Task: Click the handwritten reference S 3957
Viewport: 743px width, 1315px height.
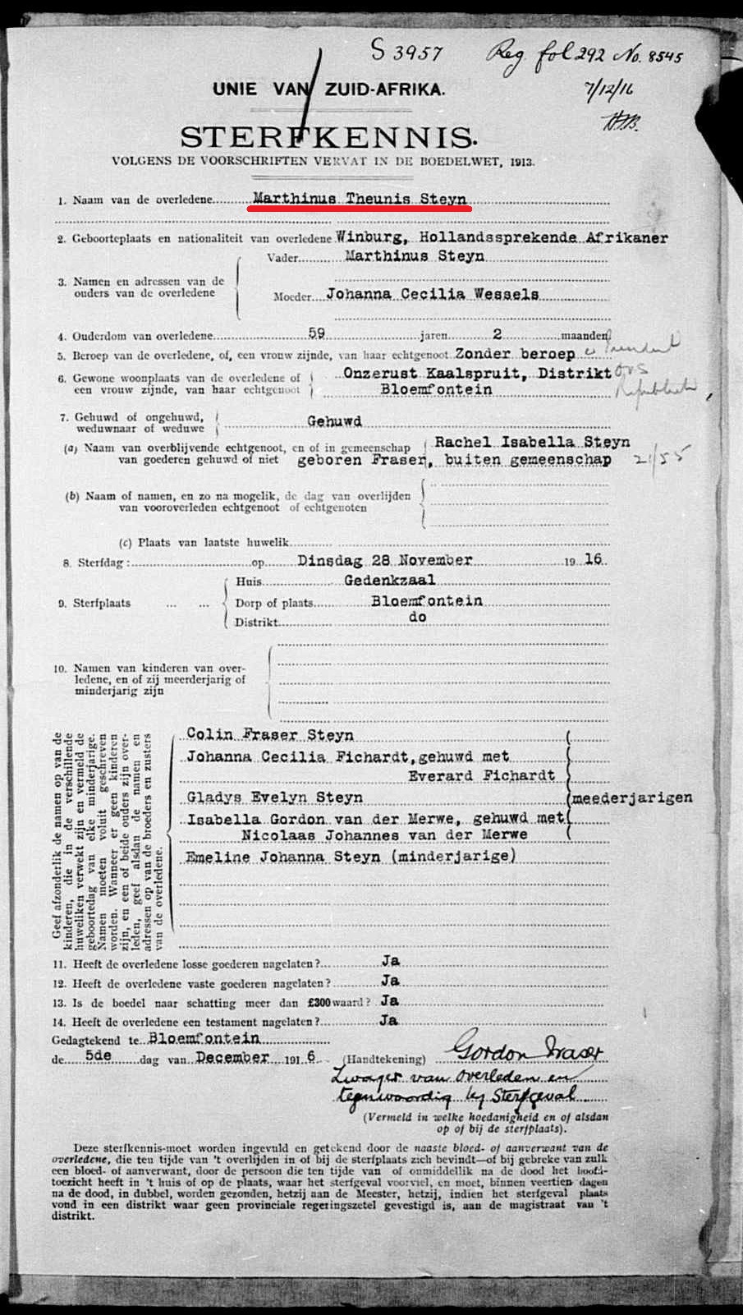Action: (x=407, y=53)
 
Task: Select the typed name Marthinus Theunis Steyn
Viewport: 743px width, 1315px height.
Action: (x=360, y=199)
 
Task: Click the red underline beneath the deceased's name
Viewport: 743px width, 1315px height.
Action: (x=359, y=209)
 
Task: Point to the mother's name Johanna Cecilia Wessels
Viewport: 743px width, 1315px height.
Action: (x=433, y=294)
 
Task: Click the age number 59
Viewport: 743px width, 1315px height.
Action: (x=316, y=333)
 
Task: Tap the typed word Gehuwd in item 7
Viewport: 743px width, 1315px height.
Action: (x=334, y=421)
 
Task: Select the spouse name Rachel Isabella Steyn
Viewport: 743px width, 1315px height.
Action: (x=532, y=442)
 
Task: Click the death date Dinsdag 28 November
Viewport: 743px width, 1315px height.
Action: (x=384, y=560)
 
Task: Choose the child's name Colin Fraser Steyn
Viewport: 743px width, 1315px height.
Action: (x=270, y=734)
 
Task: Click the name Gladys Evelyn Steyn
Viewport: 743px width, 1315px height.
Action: (x=274, y=798)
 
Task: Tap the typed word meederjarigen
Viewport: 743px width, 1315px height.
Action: (x=632, y=798)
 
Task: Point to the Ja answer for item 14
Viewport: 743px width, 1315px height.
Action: (x=389, y=1020)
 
